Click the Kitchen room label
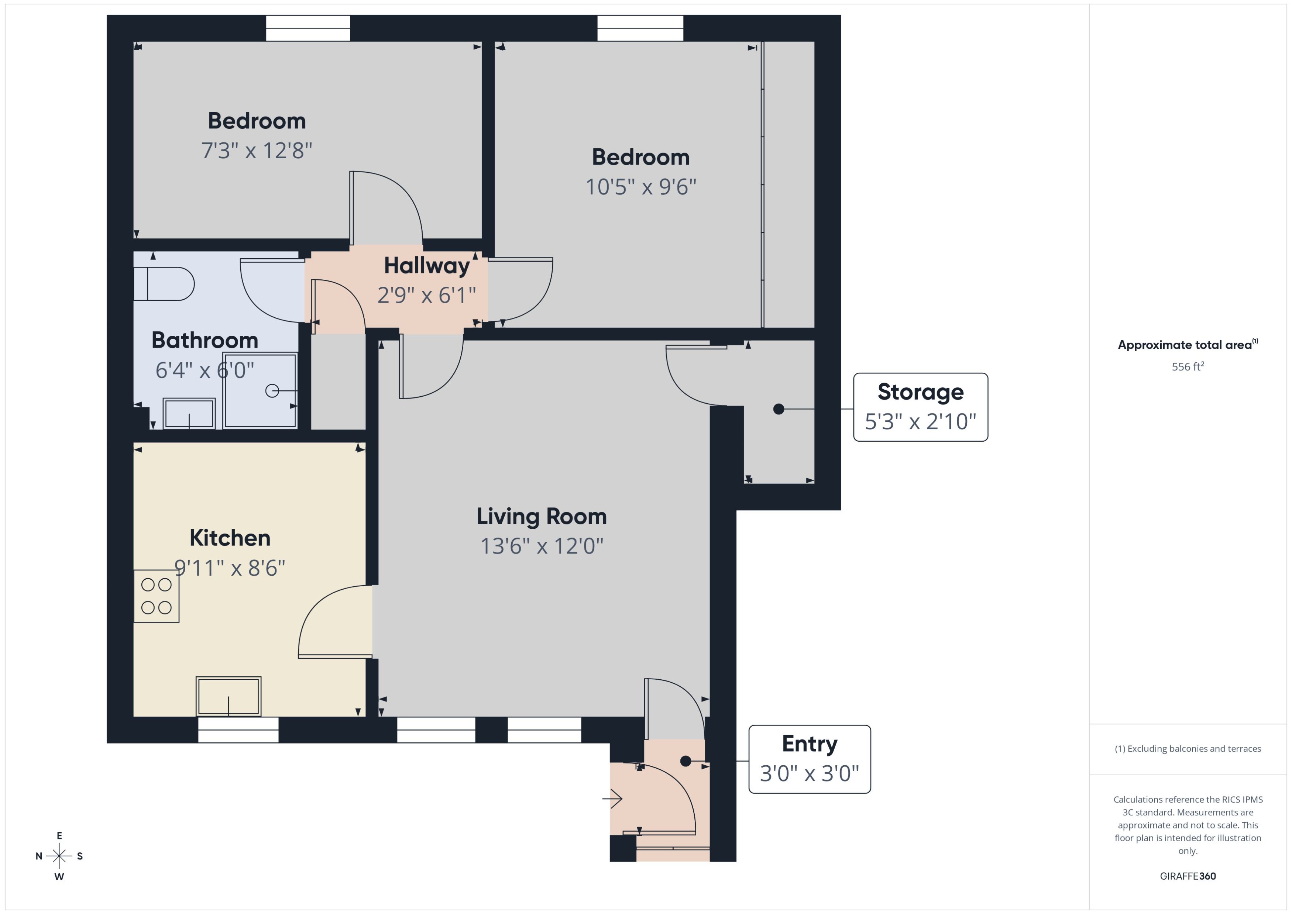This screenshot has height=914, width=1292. (x=230, y=538)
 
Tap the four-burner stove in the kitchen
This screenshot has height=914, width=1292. (x=157, y=596)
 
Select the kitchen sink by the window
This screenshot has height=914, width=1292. (x=228, y=697)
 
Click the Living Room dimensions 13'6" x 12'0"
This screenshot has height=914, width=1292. (x=542, y=546)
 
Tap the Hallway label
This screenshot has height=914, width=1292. (x=427, y=266)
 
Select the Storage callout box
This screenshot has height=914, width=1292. (x=920, y=407)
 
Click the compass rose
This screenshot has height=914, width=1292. (x=59, y=856)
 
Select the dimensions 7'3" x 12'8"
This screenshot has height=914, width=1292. (x=257, y=151)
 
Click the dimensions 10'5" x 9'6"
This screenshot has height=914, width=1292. (x=641, y=187)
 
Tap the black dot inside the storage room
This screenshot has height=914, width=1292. (x=779, y=409)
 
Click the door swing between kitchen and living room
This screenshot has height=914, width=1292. (x=334, y=622)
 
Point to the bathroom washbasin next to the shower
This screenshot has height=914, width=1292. (x=189, y=414)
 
